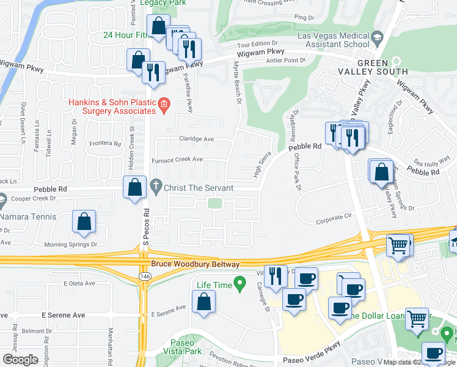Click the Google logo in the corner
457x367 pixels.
(x=20, y=360)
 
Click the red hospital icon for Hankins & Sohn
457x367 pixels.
(x=164, y=106)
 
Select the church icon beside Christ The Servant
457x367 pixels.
(x=156, y=187)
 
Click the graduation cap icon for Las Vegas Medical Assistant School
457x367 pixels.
(x=378, y=40)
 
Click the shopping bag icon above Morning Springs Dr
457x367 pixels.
(x=84, y=222)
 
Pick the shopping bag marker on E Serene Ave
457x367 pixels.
(x=203, y=302)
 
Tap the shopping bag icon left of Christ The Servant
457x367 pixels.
(x=134, y=188)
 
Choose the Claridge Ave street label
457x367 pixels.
(x=196, y=139)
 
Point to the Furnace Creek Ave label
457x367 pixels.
(x=177, y=159)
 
